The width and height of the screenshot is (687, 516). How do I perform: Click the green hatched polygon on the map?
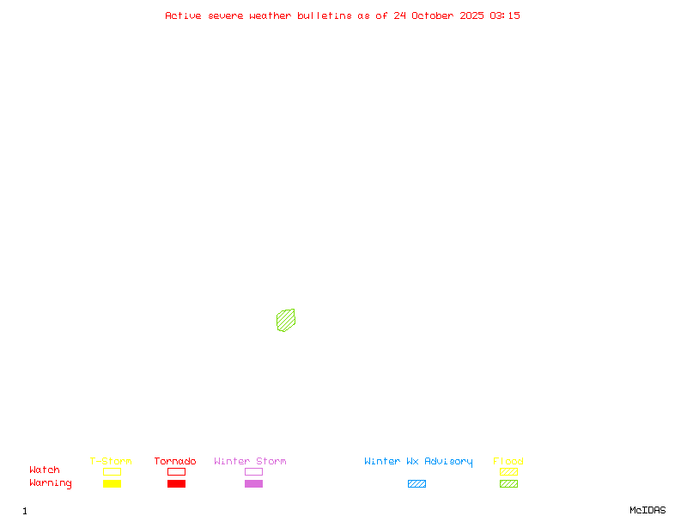[286, 320]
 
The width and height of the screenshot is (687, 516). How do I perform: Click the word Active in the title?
[183, 15]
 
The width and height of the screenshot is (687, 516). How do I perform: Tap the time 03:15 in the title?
[505, 15]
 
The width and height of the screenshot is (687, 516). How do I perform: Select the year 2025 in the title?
[471, 15]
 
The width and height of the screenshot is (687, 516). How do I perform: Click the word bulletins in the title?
[325, 15]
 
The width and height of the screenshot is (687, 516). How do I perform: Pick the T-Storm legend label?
[111, 461]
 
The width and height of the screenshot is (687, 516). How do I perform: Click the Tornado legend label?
[175, 461]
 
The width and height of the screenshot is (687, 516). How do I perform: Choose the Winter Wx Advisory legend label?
[418, 461]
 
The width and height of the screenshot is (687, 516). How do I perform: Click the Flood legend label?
[508, 461]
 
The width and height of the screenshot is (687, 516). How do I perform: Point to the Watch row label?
[45, 470]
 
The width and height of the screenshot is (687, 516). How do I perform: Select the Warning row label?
[51, 483]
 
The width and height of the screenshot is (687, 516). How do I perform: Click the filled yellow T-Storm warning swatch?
[112, 483]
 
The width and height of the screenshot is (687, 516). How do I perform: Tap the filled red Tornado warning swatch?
[176, 483]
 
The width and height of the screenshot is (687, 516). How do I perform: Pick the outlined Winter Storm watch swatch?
[253, 471]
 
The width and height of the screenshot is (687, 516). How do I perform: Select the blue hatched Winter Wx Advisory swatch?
[416, 483]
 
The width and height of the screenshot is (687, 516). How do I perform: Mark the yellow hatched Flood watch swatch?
[508, 471]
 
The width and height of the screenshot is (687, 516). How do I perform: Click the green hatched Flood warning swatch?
[508, 483]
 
